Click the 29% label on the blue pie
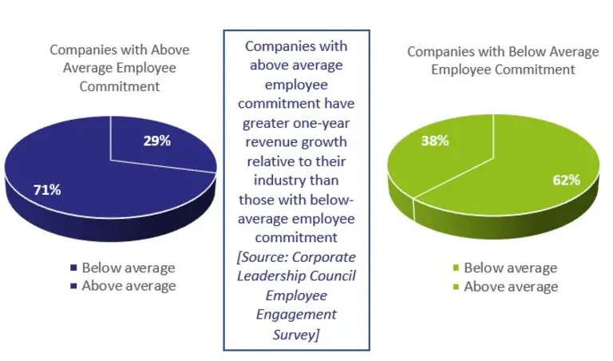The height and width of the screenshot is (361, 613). (x=157, y=141)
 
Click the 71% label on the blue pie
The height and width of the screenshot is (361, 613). (x=47, y=190)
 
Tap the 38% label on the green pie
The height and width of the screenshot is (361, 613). (x=434, y=141)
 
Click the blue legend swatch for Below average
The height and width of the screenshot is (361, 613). (x=73, y=268)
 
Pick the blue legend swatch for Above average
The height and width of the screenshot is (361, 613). (x=73, y=286)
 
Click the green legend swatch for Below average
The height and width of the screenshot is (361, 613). (x=456, y=268)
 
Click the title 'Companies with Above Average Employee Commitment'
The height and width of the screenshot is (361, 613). (x=120, y=67)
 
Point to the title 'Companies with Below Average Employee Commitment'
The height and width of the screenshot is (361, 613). (x=503, y=60)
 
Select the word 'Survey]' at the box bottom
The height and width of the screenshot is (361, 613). (x=297, y=334)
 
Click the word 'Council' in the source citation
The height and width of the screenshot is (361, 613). (x=329, y=276)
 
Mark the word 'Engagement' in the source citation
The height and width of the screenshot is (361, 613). (x=297, y=315)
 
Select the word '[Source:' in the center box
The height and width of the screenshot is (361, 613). (x=265, y=256)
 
